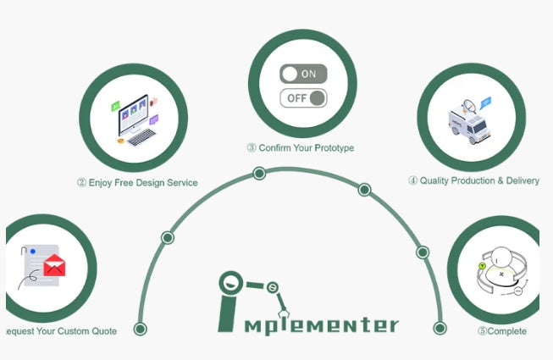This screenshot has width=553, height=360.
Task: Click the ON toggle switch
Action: click(x=303, y=74)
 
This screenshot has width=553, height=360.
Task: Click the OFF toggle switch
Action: click(x=303, y=98)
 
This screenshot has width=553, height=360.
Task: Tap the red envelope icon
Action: click(x=54, y=266)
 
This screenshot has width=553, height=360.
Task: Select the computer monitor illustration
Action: click(x=134, y=114)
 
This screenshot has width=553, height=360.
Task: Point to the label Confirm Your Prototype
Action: click(x=301, y=147)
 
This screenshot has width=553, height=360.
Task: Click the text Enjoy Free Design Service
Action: click(x=137, y=182)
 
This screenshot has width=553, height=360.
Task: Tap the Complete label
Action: click(x=502, y=331)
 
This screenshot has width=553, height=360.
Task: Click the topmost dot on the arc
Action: click(x=259, y=174)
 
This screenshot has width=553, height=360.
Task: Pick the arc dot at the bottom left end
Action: click(x=141, y=329)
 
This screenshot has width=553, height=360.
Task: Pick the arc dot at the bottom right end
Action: click(x=440, y=329)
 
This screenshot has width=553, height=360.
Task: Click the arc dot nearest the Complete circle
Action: click(x=422, y=252)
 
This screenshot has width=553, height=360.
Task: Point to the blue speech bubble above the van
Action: click(x=485, y=103)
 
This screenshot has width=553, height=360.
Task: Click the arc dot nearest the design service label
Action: click(x=168, y=238)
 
